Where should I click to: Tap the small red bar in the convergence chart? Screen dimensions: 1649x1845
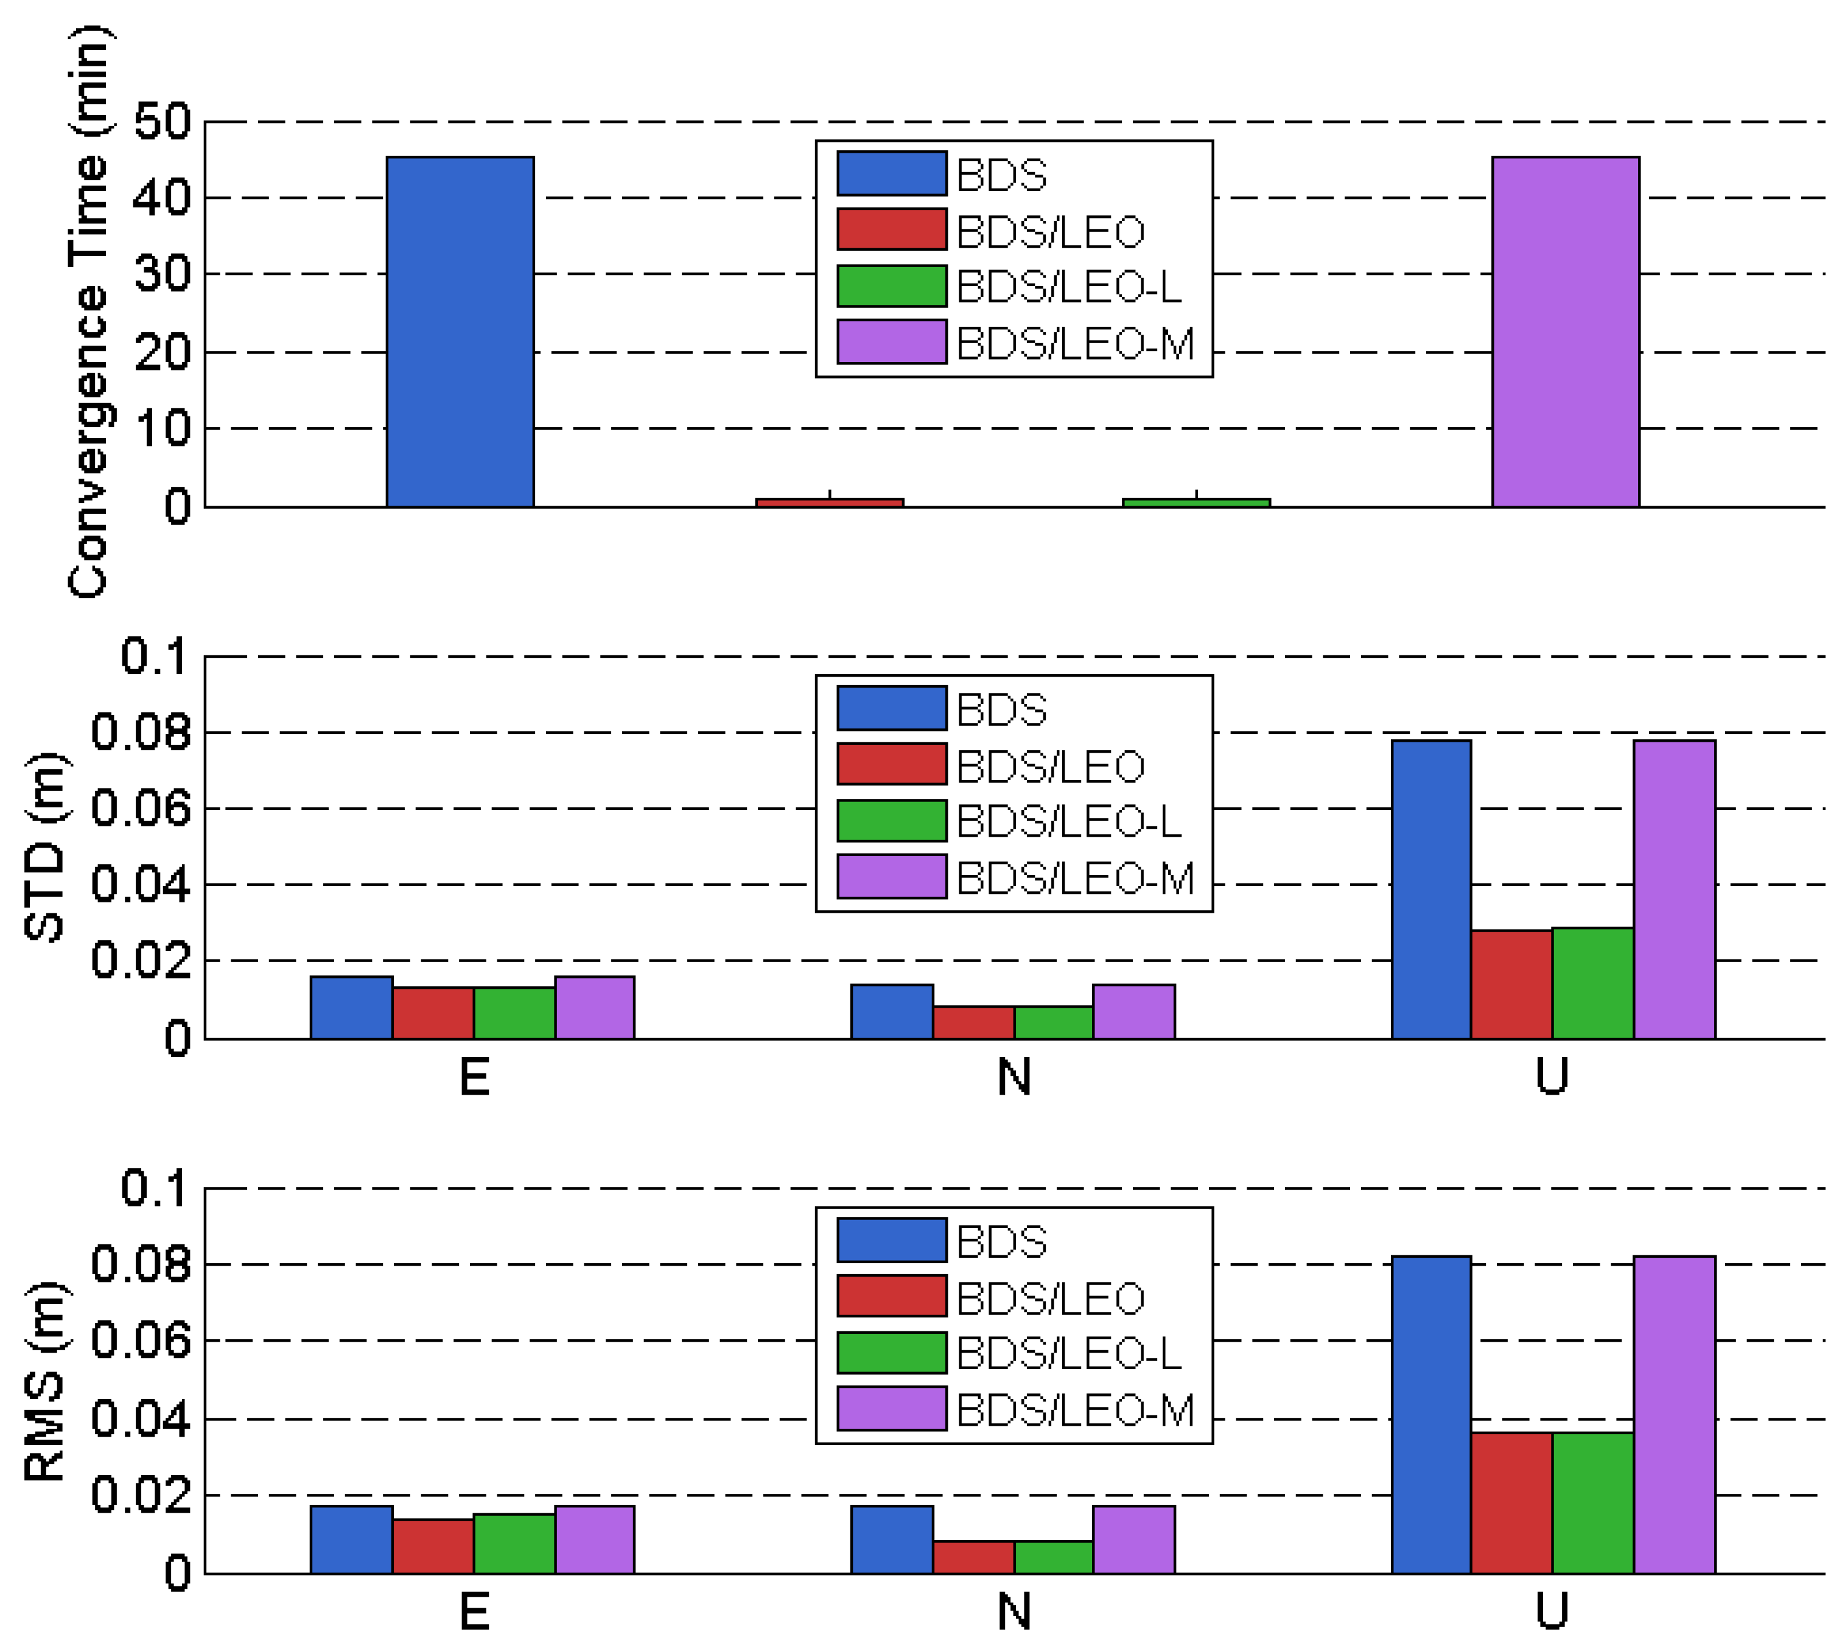(829, 502)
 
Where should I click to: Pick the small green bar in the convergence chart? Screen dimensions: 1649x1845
(1196, 502)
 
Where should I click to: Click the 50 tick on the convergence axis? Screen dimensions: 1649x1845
(163, 122)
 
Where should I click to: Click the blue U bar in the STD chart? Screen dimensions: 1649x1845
(1431, 889)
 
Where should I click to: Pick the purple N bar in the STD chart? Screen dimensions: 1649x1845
(1133, 1011)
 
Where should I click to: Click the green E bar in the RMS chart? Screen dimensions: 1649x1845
(514, 1543)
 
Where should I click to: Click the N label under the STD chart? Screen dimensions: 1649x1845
(1014, 1077)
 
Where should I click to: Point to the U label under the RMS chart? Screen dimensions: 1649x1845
(1552, 1611)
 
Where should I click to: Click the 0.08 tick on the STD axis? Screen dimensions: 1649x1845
(142, 732)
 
